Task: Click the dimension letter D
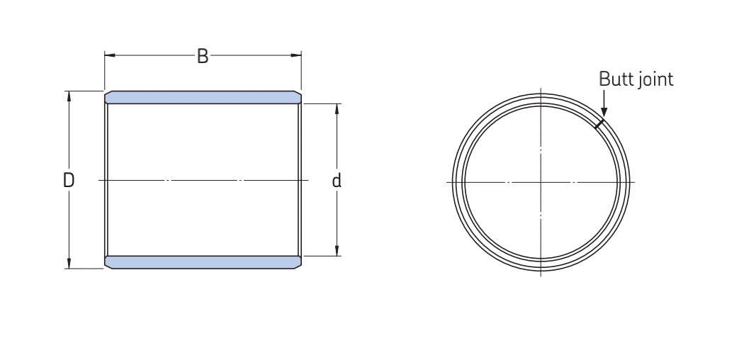point(69,180)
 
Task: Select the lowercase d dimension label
point(337,181)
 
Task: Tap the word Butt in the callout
point(614,79)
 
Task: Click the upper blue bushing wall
point(203,97)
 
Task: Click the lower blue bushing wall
point(203,262)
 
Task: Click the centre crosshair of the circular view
point(541,182)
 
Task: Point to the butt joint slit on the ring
point(599,123)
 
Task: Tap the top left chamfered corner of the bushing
point(107,94)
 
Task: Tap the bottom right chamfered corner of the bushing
point(299,266)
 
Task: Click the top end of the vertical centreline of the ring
point(541,89)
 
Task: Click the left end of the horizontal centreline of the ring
point(448,182)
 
